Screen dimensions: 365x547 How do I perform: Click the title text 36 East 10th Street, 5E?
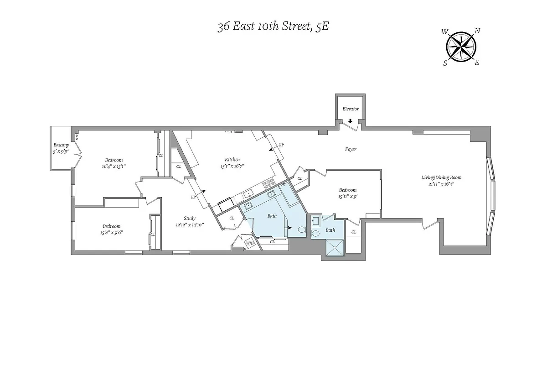[x=273, y=26]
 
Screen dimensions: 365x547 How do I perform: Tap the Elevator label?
[x=351, y=109]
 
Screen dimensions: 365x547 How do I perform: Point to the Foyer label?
[x=350, y=149]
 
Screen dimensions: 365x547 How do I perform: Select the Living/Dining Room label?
[x=438, y=177]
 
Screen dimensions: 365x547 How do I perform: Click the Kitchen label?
[x=232, y=160]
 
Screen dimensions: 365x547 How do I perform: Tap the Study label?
[x=190, y=218]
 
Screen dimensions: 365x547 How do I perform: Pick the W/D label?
[x=250, y=243]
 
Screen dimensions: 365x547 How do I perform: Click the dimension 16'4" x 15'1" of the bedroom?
[x=114, y=167]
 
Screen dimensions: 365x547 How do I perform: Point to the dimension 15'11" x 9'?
[x=347, y=197]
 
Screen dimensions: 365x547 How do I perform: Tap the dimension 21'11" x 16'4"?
[x=438, y=184]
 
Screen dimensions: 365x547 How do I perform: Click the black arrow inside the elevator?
[x=350, y=121]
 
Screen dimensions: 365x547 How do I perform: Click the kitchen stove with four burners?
[x=269, y=183]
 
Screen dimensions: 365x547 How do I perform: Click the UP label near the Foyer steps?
[x=281, y=145]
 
